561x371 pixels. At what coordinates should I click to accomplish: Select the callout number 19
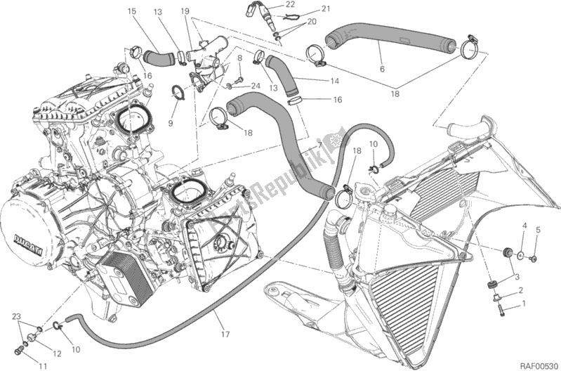pos(185,11)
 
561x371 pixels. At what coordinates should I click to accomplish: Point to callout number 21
pos(305,8)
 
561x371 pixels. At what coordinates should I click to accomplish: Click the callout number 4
pos(523,225)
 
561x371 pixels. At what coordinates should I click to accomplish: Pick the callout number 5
pos(538,230)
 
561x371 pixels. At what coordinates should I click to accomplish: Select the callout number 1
pos(523,304)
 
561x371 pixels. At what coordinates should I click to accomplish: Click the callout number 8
pos(239,58)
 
